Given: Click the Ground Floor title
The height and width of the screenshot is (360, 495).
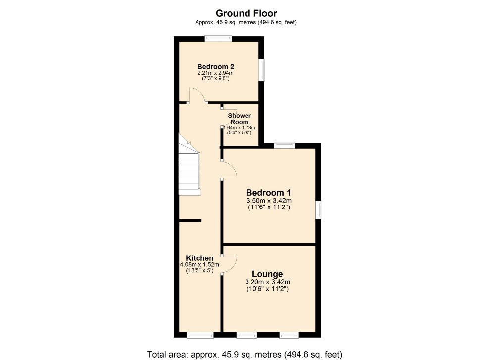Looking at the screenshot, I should pos(246,13).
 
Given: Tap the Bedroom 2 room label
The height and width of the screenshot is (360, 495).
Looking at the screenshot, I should pos(215,67).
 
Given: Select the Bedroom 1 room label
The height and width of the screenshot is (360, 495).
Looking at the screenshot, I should pos(268,193).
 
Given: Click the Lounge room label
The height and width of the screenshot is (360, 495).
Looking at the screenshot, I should pos(267,274).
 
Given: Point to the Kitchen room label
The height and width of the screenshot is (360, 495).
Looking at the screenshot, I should pos(199,258).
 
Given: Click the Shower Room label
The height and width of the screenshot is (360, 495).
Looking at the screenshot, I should pos(239,119).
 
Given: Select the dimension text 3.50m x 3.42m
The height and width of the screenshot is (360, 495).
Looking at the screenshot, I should pos(269,201).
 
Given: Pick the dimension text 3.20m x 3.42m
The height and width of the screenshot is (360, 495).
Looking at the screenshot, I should pos(267,282).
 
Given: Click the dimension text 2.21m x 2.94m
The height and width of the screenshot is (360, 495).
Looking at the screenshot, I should pos(215,73).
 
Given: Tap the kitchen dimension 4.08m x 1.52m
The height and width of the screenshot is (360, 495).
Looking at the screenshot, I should pos(199,265).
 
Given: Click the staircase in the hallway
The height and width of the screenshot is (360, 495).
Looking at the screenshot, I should pos(191,168).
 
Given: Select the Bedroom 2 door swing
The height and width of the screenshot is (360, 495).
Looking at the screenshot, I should pos(197,96).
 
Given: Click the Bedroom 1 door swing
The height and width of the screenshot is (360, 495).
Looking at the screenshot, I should pos(229,171).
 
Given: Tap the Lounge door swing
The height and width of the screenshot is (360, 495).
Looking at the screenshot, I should pos(229,265).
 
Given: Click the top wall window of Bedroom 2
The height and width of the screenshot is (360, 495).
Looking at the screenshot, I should pos(218,38).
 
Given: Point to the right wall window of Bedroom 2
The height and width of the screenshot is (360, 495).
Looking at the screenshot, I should pos(262,70).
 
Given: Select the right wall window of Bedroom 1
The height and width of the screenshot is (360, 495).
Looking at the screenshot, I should pos(319,209).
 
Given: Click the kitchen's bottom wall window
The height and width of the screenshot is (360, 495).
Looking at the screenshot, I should pos(200,335).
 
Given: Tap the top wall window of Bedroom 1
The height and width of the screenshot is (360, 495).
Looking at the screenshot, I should pos(284,145).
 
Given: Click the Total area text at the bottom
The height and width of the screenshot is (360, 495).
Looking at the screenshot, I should pos(244,354).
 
